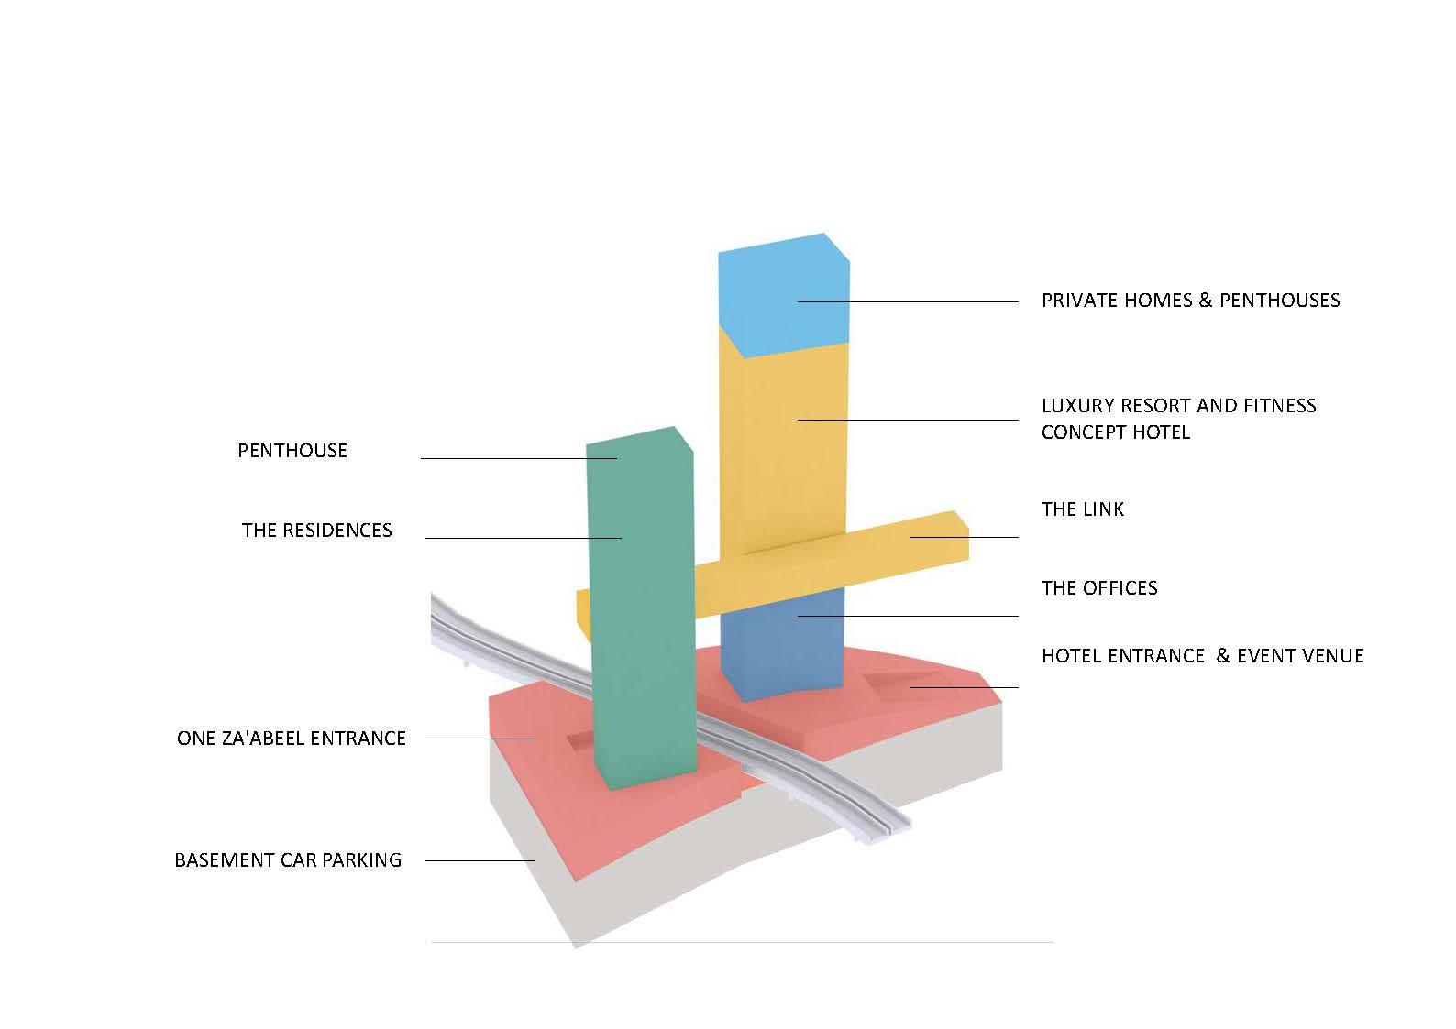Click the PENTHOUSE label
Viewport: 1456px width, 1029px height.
[292, 451]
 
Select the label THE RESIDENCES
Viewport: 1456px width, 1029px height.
[316, 531]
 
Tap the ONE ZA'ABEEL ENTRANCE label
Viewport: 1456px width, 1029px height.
[292, 739]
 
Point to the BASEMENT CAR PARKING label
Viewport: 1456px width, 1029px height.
[288, 860]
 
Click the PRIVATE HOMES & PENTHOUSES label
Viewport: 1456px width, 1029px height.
[1191, 301]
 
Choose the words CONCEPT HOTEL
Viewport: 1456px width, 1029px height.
[1116, 432]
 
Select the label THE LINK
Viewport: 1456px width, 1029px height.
[1082, 509]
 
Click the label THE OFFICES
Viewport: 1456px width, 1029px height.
[1099, 588]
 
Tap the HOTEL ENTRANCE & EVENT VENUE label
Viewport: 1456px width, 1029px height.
[1203, 656]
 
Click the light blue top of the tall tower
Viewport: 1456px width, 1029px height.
[783, 296]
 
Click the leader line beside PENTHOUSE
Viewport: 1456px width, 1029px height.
[519, 459]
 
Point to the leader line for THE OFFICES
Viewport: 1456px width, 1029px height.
[908, 616]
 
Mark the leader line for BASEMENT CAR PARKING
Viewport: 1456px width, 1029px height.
[480, 860]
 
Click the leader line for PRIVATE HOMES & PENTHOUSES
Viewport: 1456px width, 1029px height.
[908, 302]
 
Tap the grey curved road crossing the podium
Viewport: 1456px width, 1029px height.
[669, 715]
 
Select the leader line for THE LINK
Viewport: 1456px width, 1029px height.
[964, 537]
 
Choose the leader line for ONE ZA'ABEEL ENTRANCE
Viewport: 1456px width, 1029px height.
[480, 739]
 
